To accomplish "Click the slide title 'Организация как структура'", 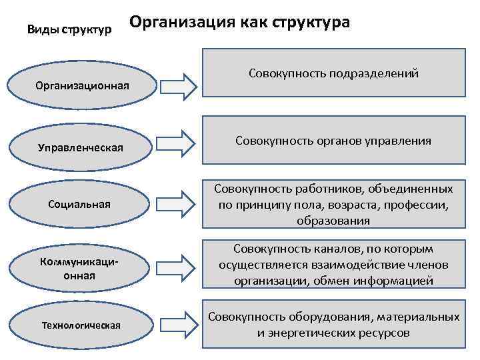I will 240,22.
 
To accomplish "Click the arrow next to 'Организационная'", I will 178,85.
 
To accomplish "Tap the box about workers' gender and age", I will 334,204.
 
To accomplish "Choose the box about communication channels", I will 334,264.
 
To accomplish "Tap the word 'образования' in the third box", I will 334,220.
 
